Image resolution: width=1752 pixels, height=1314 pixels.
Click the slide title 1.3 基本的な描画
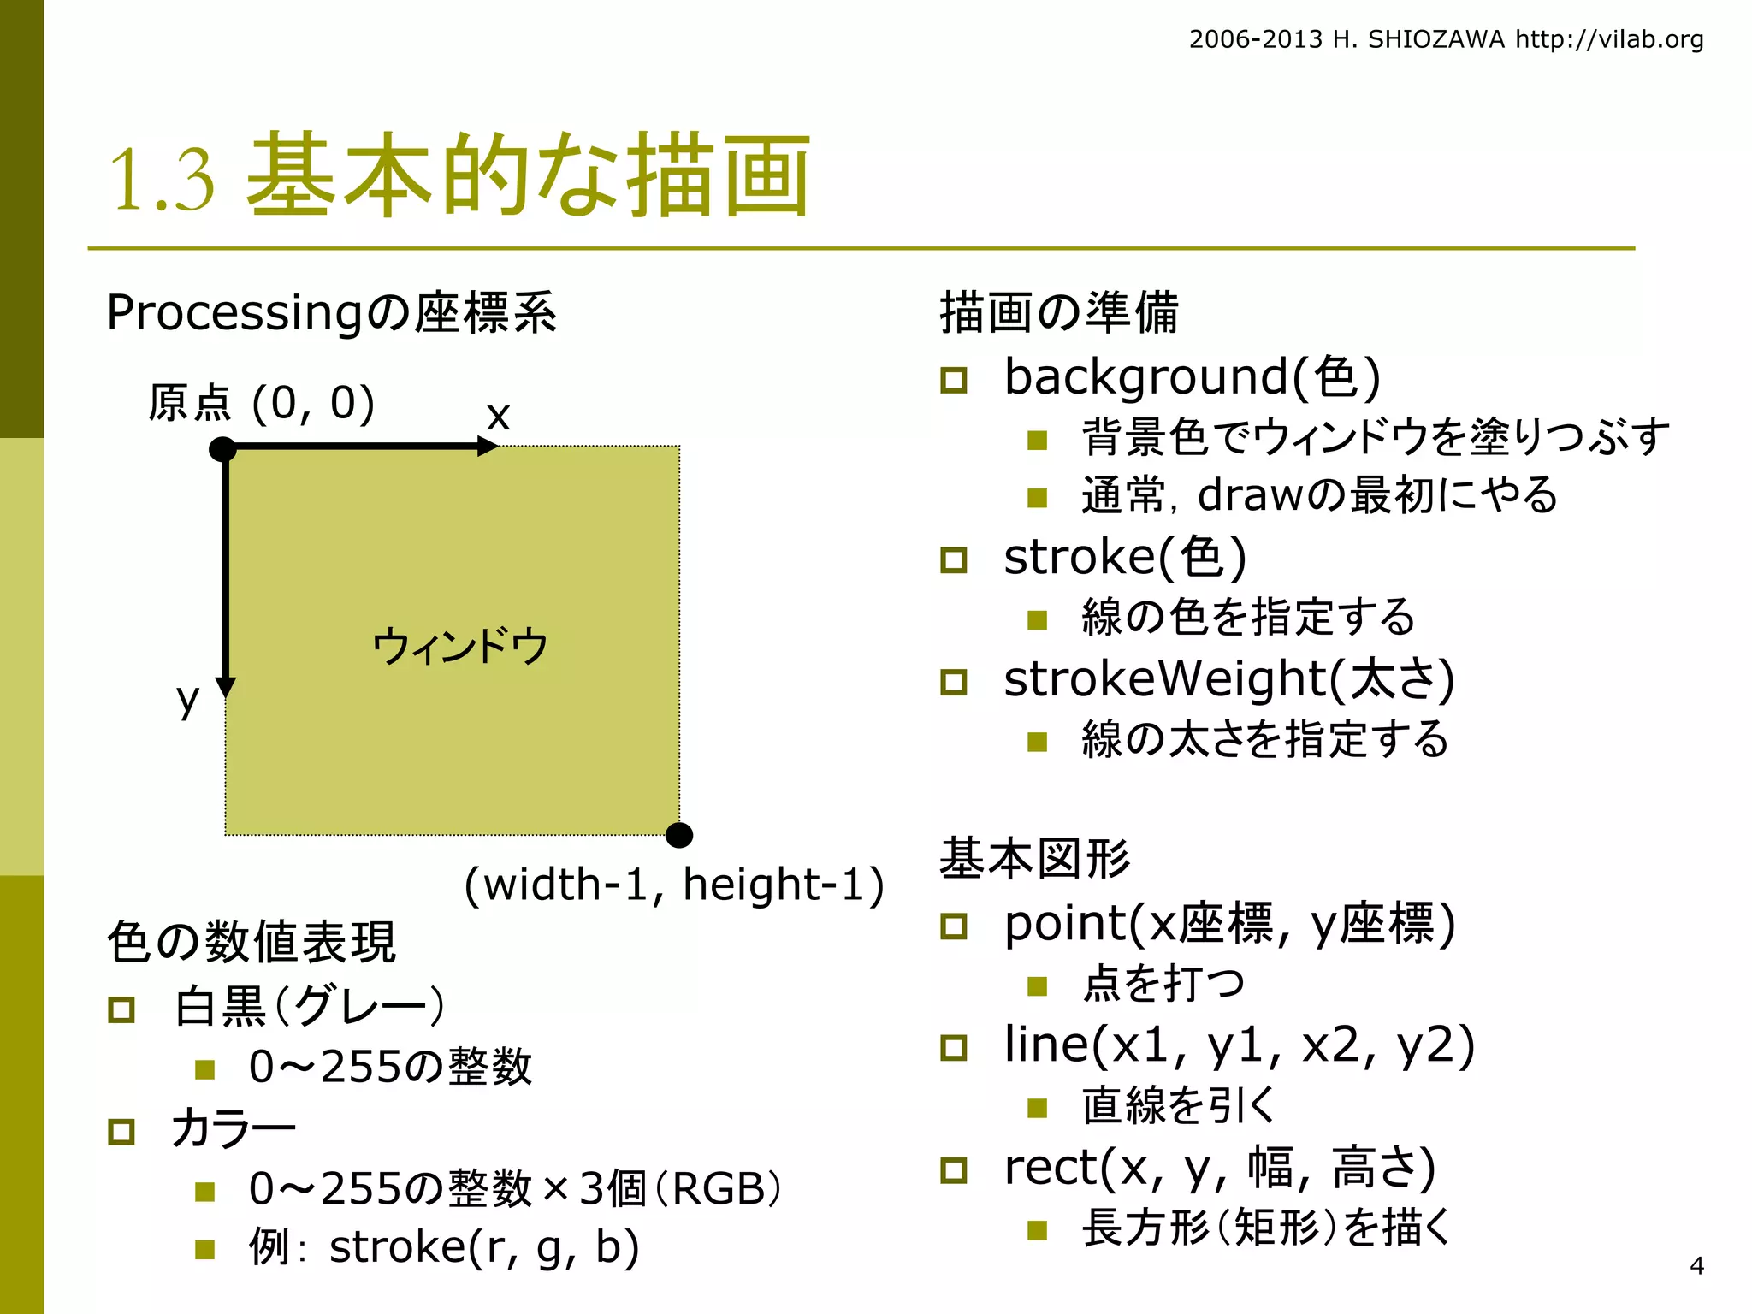click(x=459, y=175)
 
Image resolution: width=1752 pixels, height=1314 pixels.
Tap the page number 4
click(x=1697, y=1265)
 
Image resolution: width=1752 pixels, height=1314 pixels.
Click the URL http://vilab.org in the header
click(x=1609, y=39)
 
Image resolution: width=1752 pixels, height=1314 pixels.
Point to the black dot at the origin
click(x=223, y=448)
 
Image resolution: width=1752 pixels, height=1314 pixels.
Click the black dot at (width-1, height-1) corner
click(x=679, y=835)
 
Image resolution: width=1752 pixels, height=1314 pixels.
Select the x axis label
click(x=498, y=416)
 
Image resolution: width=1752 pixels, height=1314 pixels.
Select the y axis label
click(x=187, y=699)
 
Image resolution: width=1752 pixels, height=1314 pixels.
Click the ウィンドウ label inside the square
click(x=459, y=646)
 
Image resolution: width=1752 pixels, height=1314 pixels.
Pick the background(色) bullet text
click(x=1192, y=376)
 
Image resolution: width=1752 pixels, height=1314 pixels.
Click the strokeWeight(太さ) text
click(x=1228, y=679)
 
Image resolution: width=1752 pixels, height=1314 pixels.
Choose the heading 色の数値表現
click(x=252, y=942)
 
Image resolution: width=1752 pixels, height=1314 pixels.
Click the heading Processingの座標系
click(x=331, y=312)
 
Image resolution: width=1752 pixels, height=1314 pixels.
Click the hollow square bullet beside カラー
click(x=121, y=1132)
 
